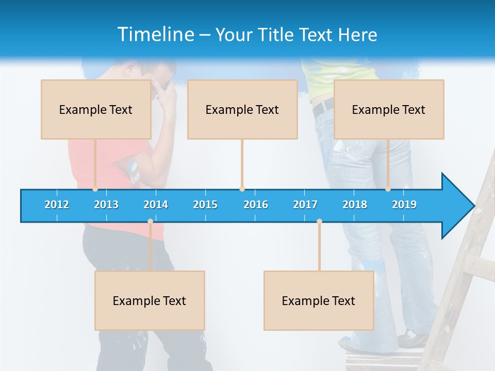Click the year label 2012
coord(57,205)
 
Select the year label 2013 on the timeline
coord(106,205)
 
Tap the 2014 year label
coord(156,205)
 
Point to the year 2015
coord(205,205)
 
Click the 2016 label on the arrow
coord(256,205)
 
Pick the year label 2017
coord(305,205)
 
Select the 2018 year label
coord(355,205)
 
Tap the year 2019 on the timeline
coord(404,205)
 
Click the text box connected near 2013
coord(96,109)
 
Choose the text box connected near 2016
coord(242,109)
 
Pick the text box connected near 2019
coord(389,109)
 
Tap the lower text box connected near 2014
coord(150,300)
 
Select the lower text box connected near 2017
coord(319,300)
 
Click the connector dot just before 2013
coord(95,189)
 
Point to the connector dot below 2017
coord(319,221)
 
